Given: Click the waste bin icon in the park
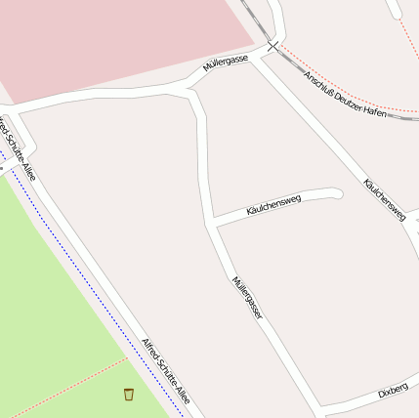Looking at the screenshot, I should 129,394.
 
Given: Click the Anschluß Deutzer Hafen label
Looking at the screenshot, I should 347,96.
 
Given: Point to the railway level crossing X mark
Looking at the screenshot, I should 272,45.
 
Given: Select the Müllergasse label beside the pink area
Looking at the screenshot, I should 225,64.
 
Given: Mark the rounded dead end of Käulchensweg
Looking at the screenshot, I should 337,193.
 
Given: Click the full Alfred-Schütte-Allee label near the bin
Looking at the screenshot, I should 165,372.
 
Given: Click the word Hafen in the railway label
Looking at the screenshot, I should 376,110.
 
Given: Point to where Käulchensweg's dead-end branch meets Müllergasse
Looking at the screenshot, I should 212,223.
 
